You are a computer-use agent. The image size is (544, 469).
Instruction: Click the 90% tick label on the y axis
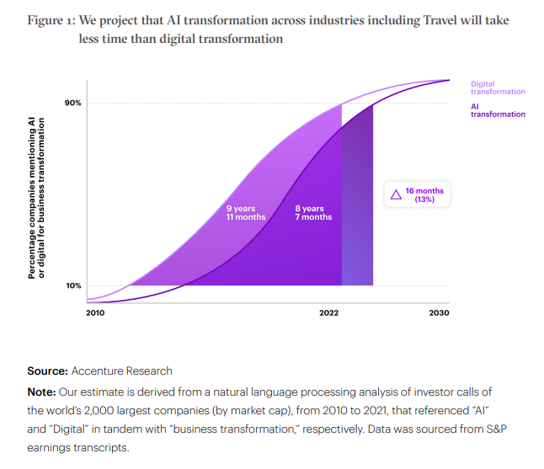pos(73,104)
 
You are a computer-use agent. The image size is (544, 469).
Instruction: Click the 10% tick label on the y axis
pos(73,285)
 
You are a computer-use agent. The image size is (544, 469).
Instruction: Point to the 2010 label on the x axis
pos(95,313)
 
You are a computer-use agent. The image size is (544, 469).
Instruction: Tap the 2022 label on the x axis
pos(328,313)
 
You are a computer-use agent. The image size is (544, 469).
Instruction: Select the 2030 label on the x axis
pos(438,313)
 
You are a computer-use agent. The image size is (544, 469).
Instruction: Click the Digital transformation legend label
pos(497,88)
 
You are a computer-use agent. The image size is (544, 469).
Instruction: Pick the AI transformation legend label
pos(497,110)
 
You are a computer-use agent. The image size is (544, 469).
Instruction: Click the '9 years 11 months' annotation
pos(246,212)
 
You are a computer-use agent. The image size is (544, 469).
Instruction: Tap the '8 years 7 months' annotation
pos(313,212)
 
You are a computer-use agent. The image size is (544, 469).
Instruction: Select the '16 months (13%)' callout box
pos(416,195)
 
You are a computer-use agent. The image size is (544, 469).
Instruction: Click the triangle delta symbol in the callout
pos(396,195)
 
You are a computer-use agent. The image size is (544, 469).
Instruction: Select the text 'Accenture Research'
pos(122,370)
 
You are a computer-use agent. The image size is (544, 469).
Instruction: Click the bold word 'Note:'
pos(43,392)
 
